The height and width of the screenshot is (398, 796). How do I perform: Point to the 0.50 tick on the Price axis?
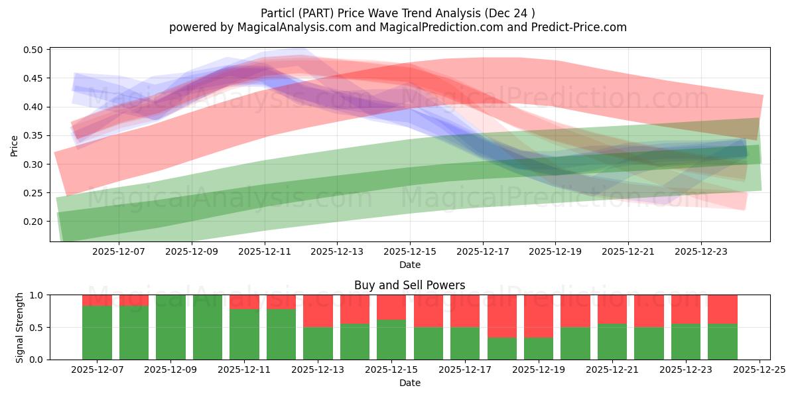tap(34, 50)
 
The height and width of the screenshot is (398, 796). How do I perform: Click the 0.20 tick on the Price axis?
tap(34, 222)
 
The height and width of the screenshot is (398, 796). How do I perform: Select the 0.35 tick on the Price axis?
tap(34, 136)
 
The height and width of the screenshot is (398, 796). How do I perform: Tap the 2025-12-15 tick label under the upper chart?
tap(410, 252)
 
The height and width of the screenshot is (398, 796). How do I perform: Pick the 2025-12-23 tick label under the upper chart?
tap(701, 252)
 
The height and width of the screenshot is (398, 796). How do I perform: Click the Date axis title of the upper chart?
tap(410, 265)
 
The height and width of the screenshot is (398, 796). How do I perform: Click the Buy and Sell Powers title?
tap(410, 285)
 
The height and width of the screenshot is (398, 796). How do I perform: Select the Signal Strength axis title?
tap(20, 327)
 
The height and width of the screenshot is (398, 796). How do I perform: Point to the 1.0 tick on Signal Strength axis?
tap(36, 295)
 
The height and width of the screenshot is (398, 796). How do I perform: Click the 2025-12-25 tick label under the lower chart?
tap(758, 370)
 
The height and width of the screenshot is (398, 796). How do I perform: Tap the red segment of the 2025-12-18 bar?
tap(501, 316)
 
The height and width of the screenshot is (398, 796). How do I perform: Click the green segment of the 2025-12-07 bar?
tap(97, 332)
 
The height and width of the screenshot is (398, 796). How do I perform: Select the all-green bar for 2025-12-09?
tap(170, 327)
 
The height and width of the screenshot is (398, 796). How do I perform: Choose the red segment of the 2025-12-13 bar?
tap(318, 310)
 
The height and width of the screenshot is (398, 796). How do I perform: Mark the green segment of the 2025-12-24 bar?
tap(722, 342)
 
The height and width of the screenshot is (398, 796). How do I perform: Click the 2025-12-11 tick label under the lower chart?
tap(244, 370)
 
